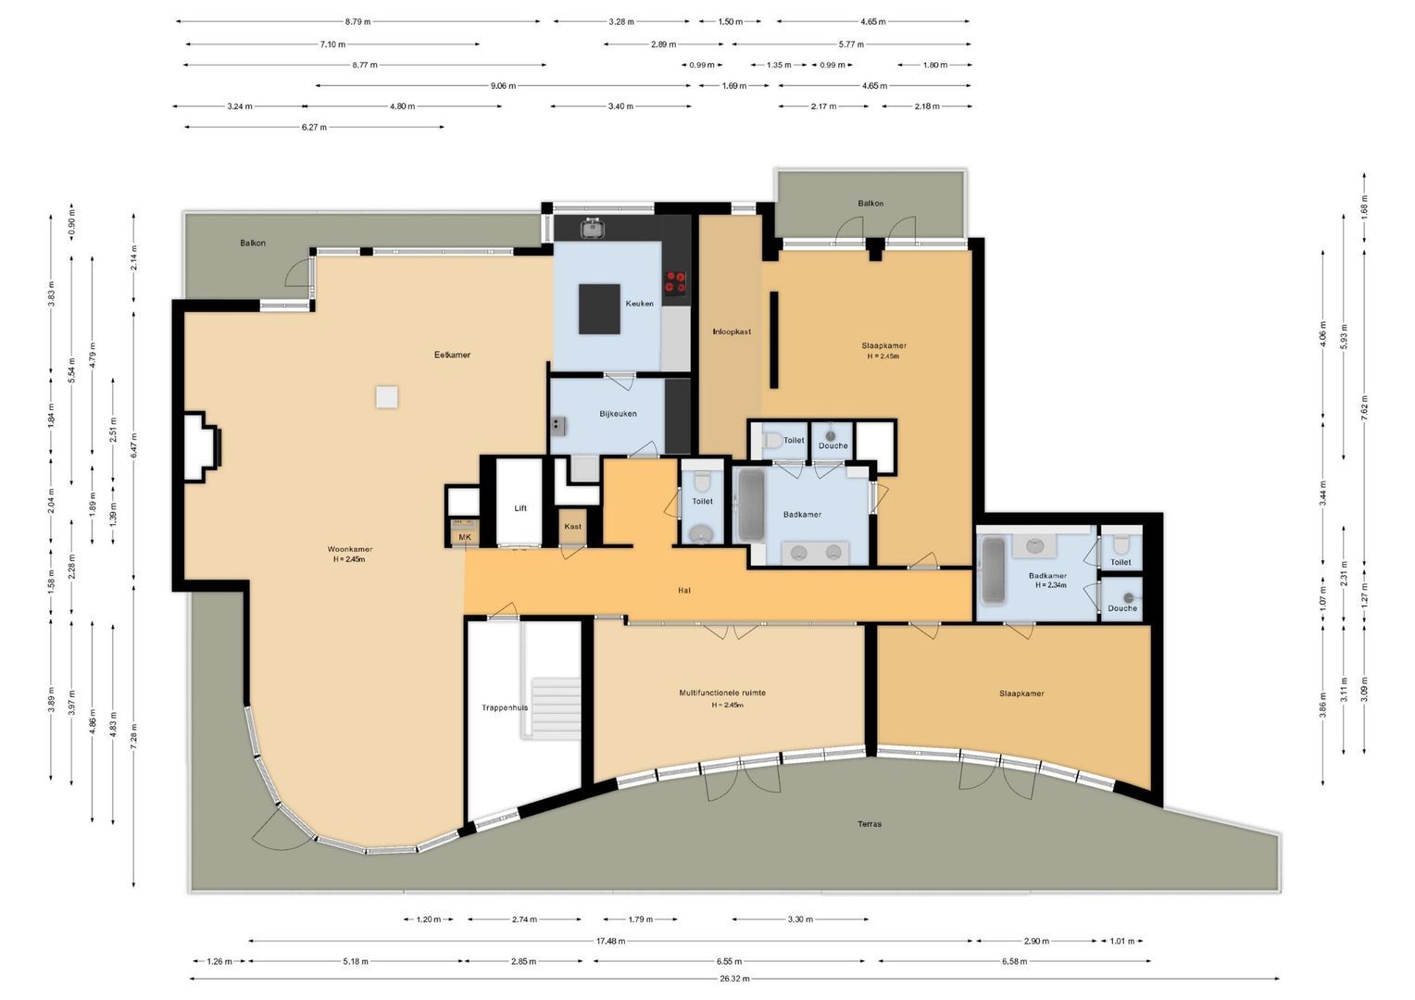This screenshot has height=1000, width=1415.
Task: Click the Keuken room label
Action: tap(639, 304)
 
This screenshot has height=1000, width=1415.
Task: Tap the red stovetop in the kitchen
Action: tap(675, 281)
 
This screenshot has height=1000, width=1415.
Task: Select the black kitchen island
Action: tap(599, 308)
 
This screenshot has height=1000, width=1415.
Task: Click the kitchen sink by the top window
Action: tap(592, 227)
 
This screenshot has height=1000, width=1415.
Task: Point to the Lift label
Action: tap(520, 508)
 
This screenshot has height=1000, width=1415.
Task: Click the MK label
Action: tap(465, 537)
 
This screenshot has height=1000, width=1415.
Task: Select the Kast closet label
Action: tap(573, 527)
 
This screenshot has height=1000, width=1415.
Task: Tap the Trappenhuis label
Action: tap(505, 707)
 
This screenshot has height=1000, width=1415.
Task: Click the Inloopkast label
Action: tap(732, 331)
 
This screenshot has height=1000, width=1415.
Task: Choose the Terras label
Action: tap(869, 824)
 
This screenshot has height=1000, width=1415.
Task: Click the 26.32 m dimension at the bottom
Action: tap(734, 979)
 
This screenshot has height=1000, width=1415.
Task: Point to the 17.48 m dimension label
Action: tap(609, 941)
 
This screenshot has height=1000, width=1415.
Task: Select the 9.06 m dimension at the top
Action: tap(503, 86)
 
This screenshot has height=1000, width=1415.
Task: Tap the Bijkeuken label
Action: tap(618, 414)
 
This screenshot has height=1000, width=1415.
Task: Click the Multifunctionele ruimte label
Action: tap(722, 693)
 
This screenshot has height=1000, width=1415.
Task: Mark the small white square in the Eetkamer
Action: tap(387, 397)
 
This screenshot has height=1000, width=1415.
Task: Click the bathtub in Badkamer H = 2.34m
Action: tap(993, 572)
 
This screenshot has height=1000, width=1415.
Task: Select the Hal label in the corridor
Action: tap(684, 591)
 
